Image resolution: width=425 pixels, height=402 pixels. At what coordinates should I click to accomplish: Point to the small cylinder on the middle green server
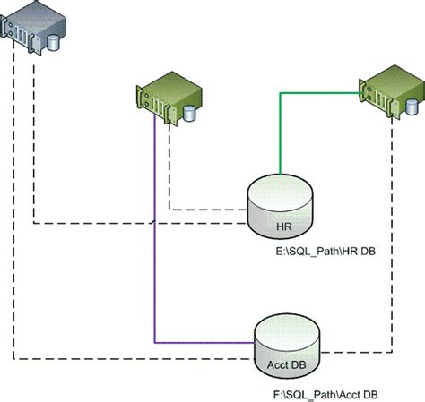[x=189, y=114]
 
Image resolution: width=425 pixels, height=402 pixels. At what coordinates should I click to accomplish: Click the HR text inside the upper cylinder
[x=282, y=226]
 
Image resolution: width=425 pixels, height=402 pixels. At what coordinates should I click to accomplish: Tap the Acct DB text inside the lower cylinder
[x=287, y=364]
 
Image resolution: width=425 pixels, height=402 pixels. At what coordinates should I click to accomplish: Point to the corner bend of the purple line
[x=156, y=342]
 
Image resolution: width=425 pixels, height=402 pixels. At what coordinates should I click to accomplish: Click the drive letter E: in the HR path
[x=281, y=253]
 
